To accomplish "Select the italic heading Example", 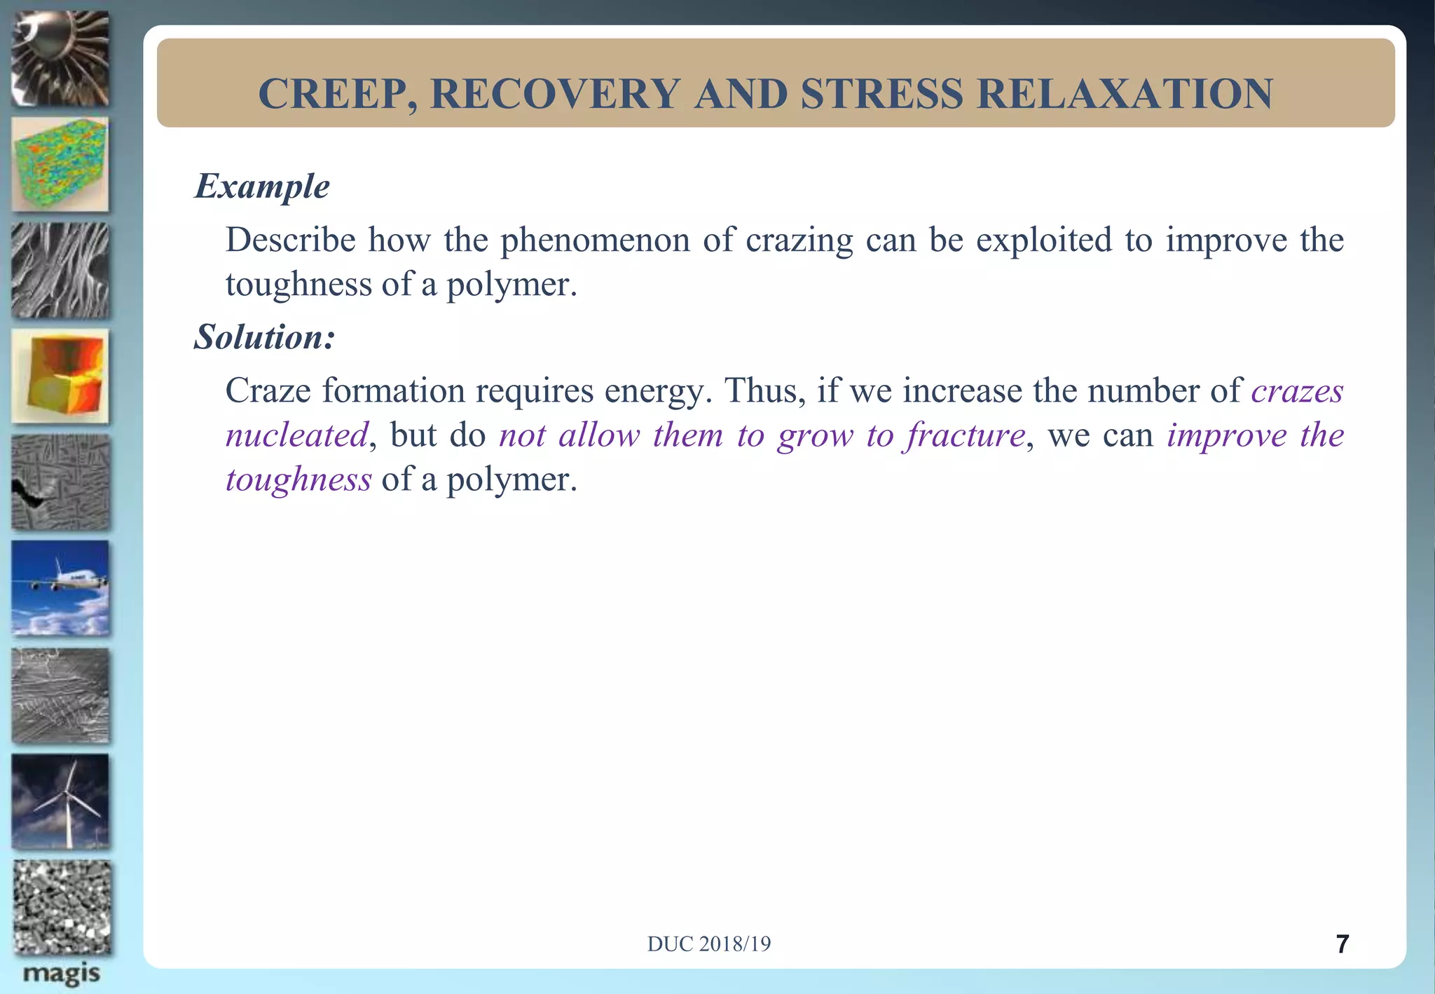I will [262, 186].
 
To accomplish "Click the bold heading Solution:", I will [265, 337].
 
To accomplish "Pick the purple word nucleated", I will [296, 435].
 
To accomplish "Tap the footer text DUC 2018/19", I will [708, 944].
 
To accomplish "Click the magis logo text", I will [61, 974].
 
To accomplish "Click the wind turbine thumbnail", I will [61, 801].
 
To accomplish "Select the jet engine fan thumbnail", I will [61, 59].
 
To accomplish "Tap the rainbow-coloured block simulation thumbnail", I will [61, 164].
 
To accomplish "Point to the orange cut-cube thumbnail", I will [61, 376].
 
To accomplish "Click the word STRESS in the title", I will [881, 94].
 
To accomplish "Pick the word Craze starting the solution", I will [268, 391].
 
